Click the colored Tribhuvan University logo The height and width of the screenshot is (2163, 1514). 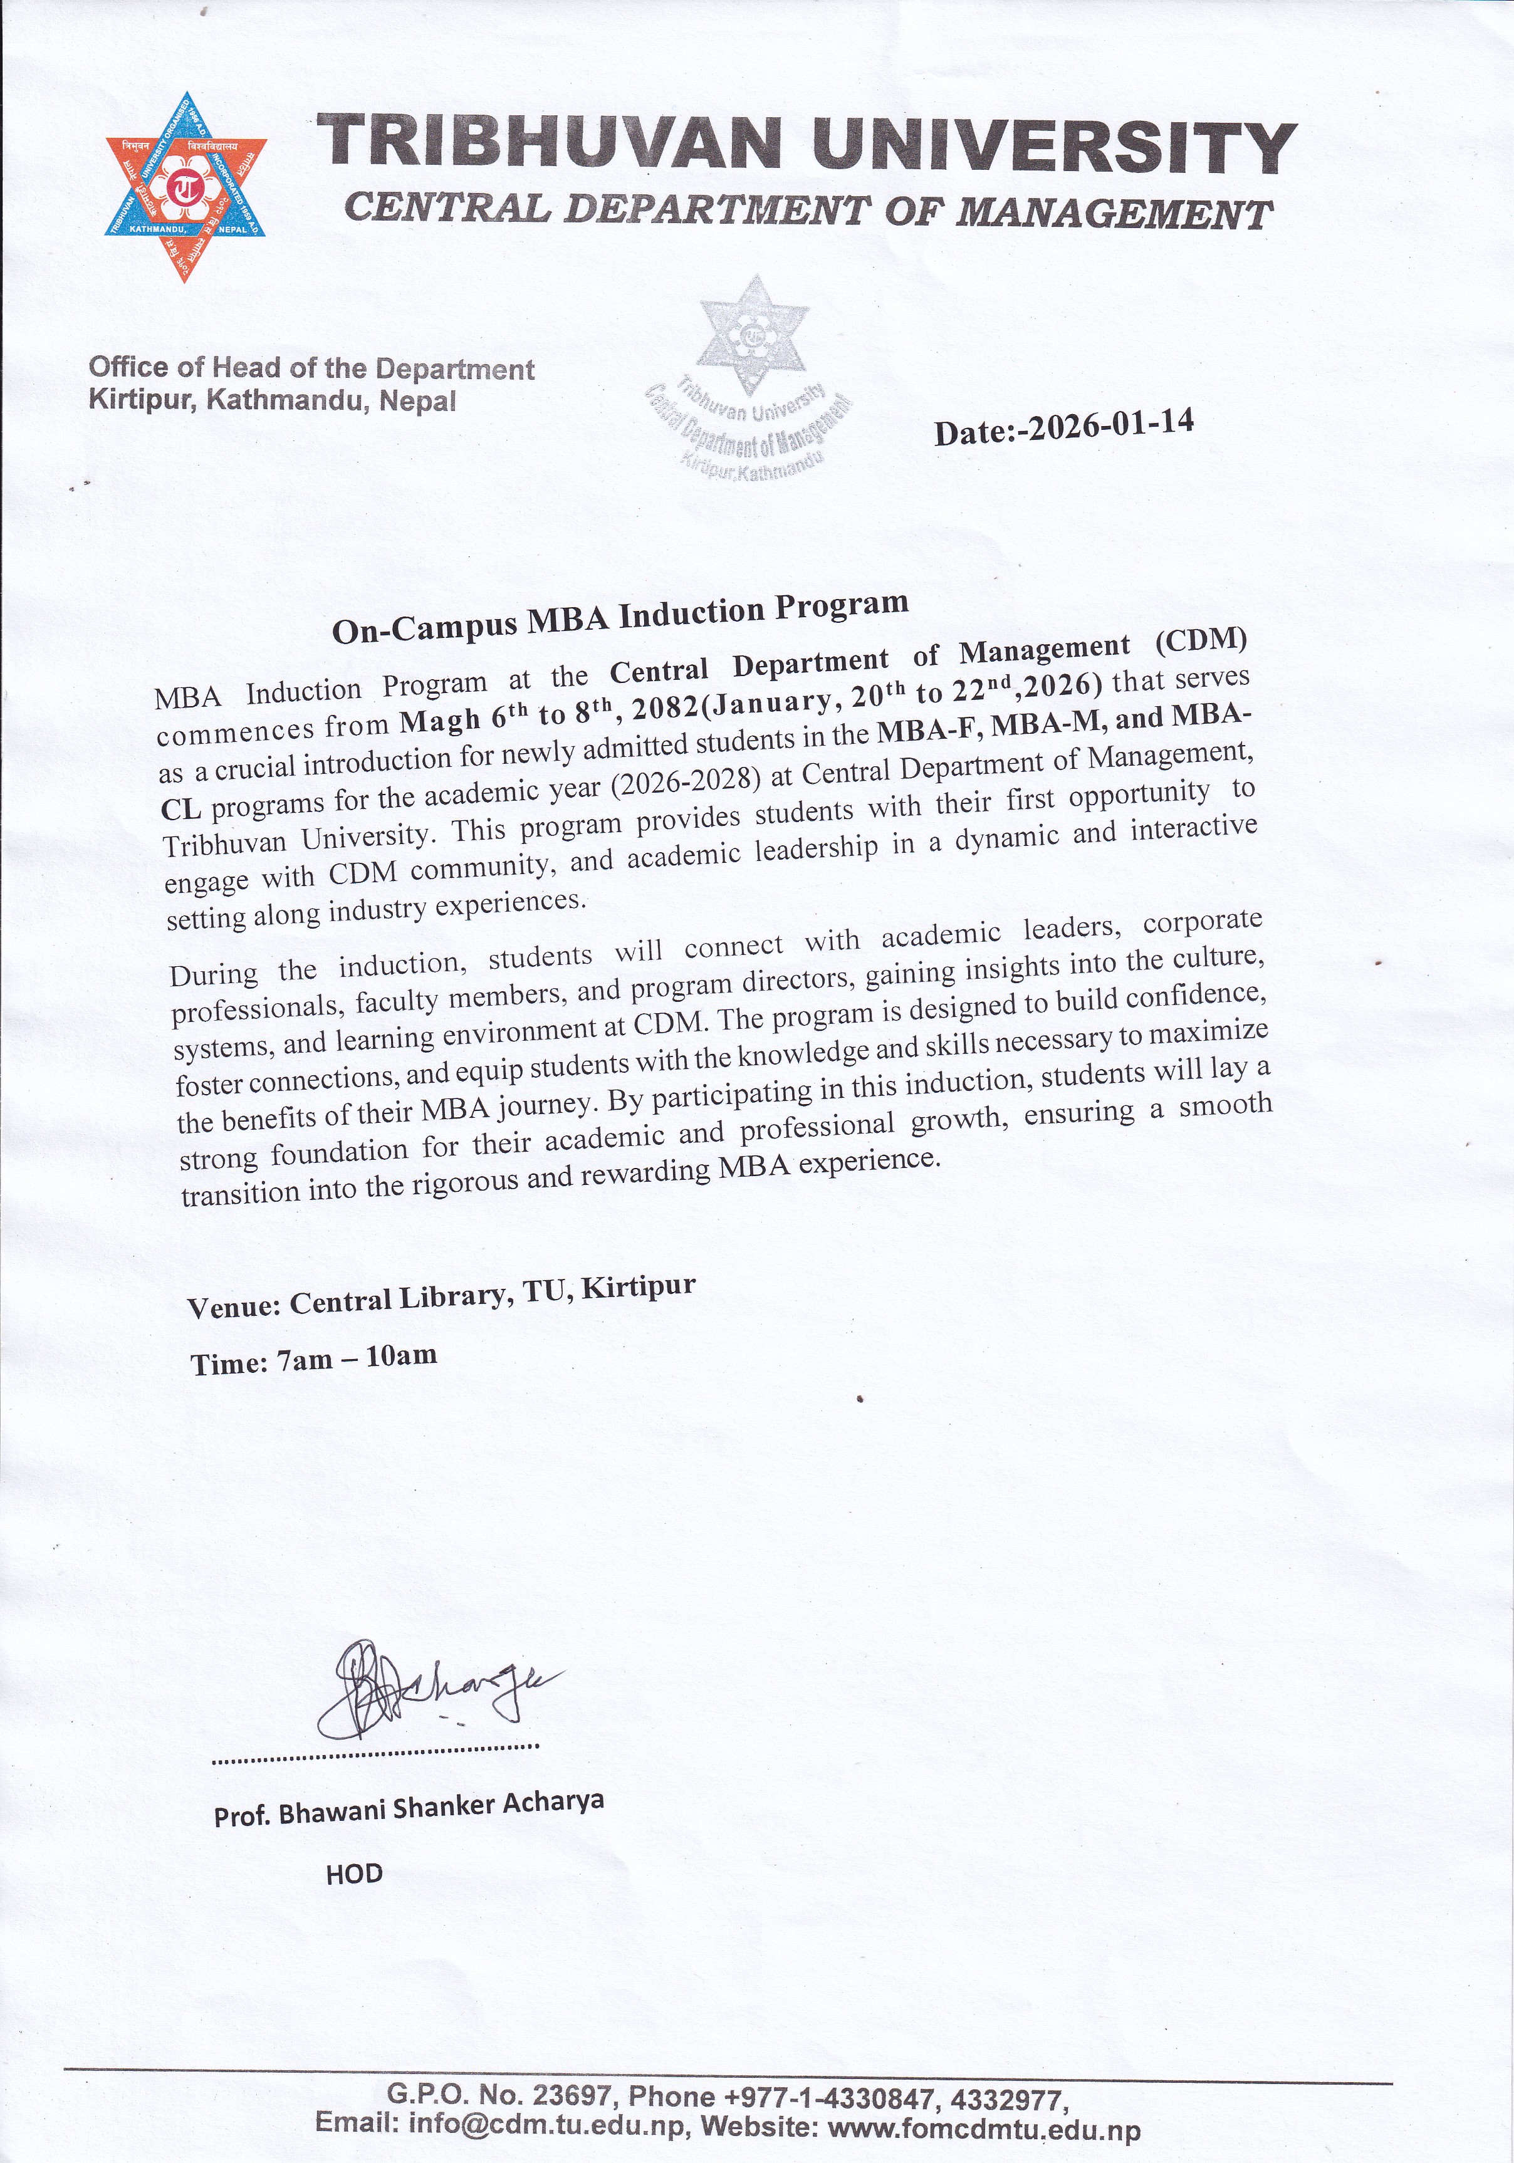(x=185, y=187)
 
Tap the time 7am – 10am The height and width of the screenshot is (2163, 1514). (x=358, y=1358)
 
